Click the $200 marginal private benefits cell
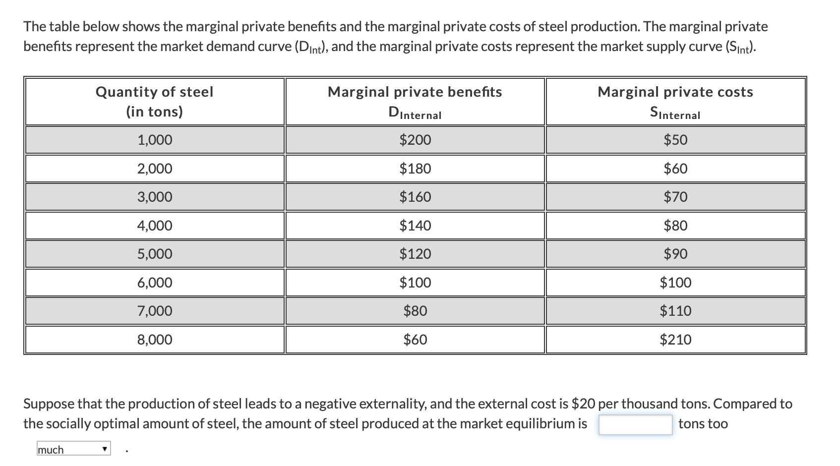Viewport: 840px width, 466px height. [x=415, y=140]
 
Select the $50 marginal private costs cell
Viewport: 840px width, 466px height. [x=675, y=140]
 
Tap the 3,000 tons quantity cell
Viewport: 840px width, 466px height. [x=155, y=197]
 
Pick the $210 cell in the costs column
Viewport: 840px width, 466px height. [x=675, y=340]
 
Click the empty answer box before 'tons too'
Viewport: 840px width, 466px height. [x=635, y=424]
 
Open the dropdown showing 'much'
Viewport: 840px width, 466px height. [x=74, y=450]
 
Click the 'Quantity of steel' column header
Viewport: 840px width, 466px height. [x=155, y=92]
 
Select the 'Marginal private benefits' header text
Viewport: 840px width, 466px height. [x=415, y=92]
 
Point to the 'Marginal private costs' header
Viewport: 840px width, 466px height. [x=675, y=92]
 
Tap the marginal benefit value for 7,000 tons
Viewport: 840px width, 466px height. [x=415, y=311]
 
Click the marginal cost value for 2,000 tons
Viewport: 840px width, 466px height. [x=675, y=169]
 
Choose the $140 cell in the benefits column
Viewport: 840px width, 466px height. [x=415, y=226]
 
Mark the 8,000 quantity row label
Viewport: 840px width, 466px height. [x=155, y=340]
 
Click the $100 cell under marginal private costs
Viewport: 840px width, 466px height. [x=675, y=283]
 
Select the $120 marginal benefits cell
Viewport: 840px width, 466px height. [x=415, y=254]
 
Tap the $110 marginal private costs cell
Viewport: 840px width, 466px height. [x=675, y=311]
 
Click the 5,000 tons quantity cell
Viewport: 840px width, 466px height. [x=155, y=254]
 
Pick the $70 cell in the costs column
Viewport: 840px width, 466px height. [x=675, y=197]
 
